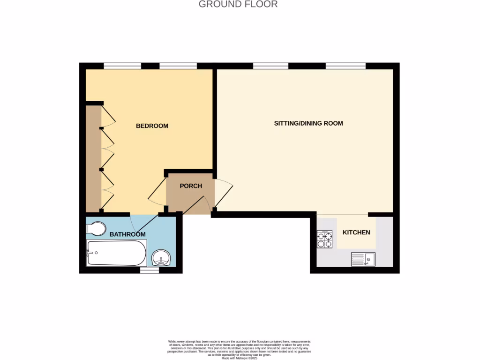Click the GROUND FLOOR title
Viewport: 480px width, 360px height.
(238, 5)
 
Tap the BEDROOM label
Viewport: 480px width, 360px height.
(152, 126)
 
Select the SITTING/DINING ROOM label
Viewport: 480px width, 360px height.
(308, 123)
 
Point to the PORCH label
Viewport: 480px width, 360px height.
(191, 186)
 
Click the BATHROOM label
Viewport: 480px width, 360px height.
(127, 234)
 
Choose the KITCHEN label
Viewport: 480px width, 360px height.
(356, 232)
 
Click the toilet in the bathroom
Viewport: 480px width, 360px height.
(96, 228)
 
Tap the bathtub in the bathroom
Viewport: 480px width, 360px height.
(116, 253)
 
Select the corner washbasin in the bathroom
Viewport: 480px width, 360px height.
(162, 258)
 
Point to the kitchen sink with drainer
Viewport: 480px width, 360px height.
(363, 259)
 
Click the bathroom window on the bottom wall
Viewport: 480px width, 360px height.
(150, 270)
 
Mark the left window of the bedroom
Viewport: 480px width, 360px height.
(122, 66)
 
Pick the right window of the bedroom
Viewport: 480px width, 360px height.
(178, 66)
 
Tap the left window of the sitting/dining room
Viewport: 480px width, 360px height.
(270, 66)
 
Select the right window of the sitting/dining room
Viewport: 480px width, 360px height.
(345, 66)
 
